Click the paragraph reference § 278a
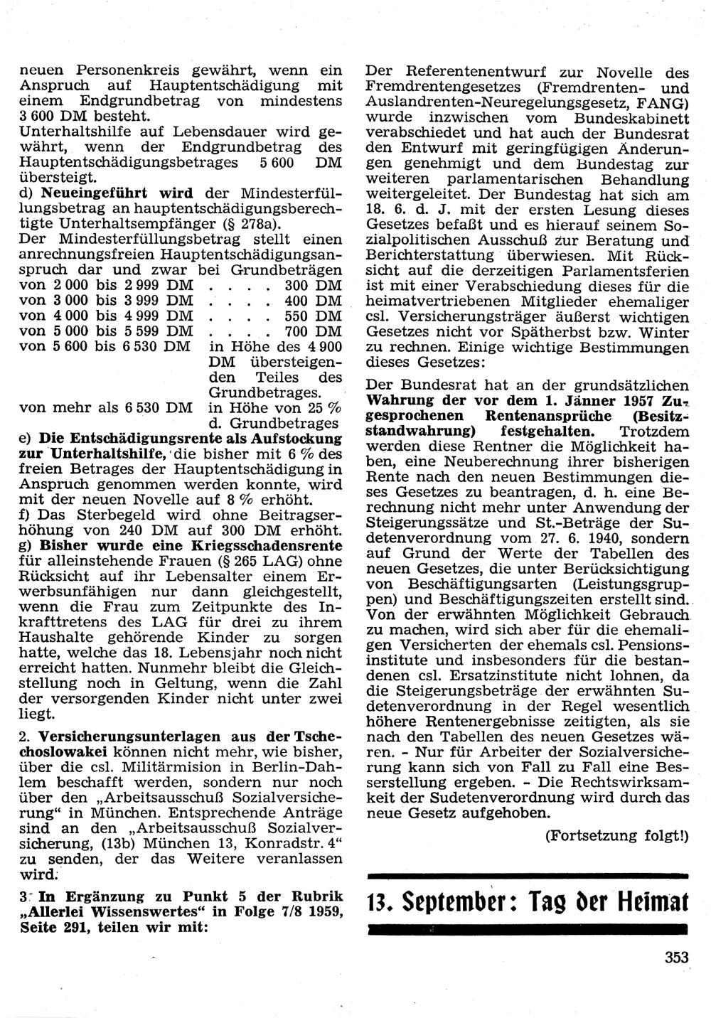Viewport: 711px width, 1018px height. coord(252,224)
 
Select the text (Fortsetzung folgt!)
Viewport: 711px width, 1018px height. coord(616,836)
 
